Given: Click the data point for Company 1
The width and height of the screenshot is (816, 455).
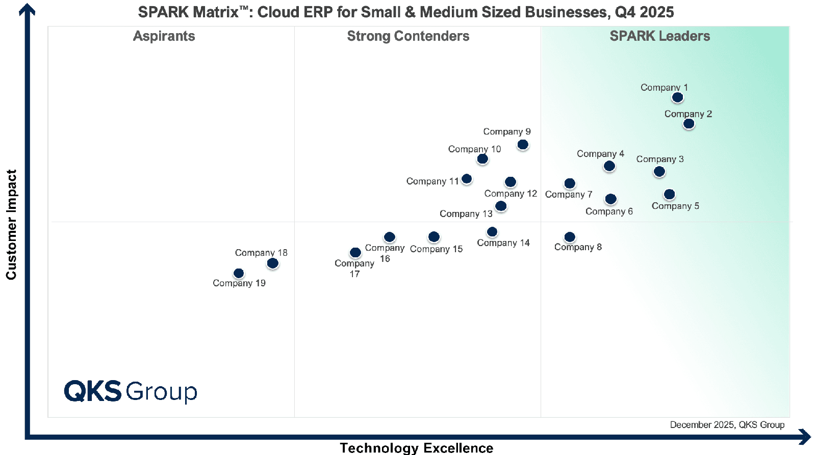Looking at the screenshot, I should tap(677, 97).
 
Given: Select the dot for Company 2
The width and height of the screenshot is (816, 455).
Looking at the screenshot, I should tap(688, 124).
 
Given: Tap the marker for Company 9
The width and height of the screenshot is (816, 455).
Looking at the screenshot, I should tap(523, 145).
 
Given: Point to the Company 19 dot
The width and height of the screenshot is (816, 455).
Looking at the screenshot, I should tap(239, 274).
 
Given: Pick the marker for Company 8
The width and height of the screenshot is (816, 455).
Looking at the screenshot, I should tap(570, 237).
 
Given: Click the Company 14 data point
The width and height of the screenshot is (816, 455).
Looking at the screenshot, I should tap(492, 232).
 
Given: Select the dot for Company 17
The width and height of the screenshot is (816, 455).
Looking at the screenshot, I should tap(355, 252).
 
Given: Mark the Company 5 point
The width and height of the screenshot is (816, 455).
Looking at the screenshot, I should tap(670, 194).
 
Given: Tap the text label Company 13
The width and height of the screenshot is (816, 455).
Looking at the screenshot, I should tap(466, 213).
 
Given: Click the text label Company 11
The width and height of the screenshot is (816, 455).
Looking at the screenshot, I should tap(432, 181).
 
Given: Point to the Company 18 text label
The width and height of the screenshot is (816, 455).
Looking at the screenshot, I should tap(261, 253).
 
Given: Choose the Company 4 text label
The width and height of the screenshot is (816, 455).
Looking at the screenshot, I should tap(600, 154).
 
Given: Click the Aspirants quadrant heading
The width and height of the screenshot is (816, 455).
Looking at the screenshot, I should tap(164, 36).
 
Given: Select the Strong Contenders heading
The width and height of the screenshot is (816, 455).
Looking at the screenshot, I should tap(408, 36).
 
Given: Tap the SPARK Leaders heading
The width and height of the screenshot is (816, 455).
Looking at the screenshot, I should tap(659, 36).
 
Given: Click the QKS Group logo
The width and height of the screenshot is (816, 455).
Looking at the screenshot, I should tap(131, 391).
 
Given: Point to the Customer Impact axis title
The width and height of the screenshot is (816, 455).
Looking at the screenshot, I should tap(11, 224).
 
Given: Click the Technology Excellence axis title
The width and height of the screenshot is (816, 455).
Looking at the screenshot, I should tap(416, 448).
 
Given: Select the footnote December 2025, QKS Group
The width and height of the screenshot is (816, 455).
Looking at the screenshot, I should tap(727, 425).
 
